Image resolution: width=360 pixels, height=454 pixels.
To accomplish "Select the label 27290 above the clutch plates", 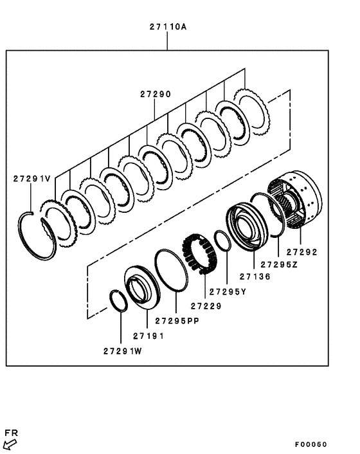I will (x=156, y=94).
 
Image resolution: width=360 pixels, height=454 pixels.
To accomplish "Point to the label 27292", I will (x=302, y=252).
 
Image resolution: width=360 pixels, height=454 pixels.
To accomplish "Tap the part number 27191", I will (x=148, y=336).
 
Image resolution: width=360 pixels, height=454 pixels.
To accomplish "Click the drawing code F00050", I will (x=311, y=444).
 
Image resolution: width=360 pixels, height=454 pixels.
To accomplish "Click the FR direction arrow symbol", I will (x=10, y=443).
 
